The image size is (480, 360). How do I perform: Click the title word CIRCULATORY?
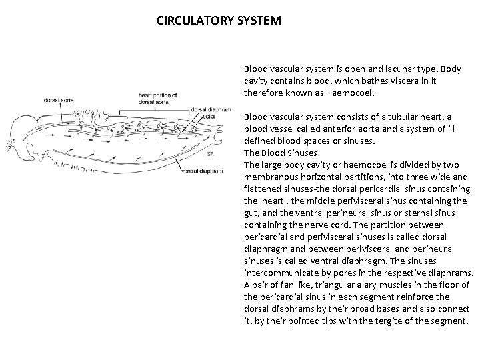tap(194, 21)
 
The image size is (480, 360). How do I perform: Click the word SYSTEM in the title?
tap(258, 21)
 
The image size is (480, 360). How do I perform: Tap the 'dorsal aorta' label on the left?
tap(59, 101)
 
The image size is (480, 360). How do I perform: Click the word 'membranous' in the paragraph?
tap(270, 176)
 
